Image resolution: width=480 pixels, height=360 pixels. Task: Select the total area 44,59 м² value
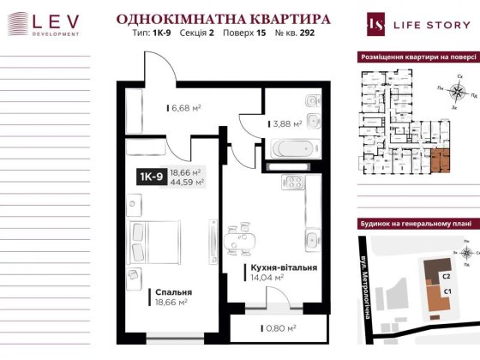pyautogui.click(x=187, y=182)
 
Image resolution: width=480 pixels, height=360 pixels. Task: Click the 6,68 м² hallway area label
pyautogui.click(x=183, y=108)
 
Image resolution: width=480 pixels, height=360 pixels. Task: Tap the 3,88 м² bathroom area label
pyautogui.click(x=285, y=123)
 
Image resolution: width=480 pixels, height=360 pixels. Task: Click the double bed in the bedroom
pyautogui.click(x=152, y=237)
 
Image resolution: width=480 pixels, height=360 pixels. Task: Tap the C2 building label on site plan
pyautogui.click(x=447, y=277)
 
